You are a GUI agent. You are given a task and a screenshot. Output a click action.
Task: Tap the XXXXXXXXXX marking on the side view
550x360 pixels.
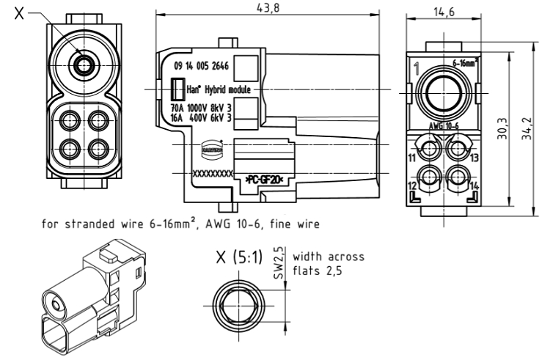[211, 175]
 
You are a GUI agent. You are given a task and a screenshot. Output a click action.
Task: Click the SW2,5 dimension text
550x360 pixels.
[279, 260]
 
